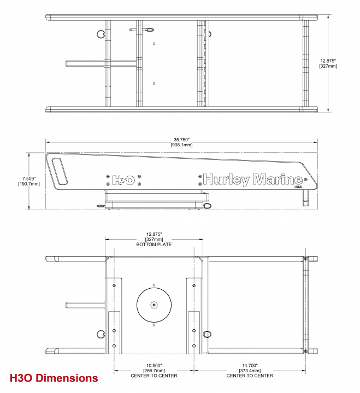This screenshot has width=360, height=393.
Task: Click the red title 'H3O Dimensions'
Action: pos(54,378)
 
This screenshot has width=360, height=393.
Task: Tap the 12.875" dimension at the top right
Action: pos(328,61)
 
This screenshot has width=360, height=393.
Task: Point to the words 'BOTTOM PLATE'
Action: pos(154,245)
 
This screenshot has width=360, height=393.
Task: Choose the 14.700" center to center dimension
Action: pos(250,365)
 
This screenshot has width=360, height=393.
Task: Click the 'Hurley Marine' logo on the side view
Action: pos(253,179)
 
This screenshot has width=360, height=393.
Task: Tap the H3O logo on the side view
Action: pos(123,179)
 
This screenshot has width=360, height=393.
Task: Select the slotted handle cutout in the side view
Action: pos(60,170)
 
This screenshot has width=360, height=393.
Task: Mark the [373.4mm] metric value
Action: pos(250,371)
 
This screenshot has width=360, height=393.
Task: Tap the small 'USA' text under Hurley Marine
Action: pos(298,188)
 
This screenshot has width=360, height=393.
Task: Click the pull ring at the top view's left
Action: pos(101,34)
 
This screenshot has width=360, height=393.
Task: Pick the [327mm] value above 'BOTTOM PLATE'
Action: pos(154,239)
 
